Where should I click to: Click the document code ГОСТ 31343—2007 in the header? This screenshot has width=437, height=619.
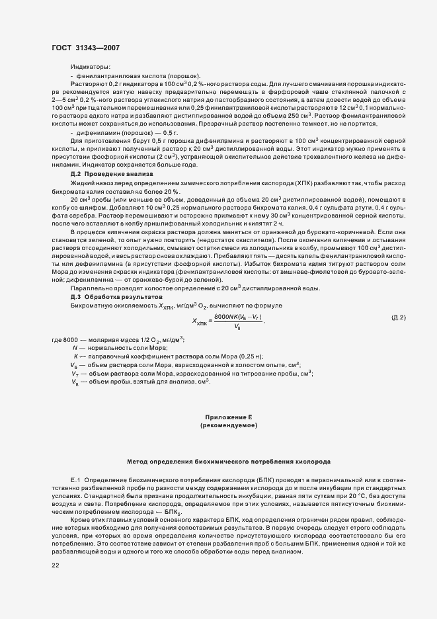point(85,48)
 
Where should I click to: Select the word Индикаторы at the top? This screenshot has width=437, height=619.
point(91,67)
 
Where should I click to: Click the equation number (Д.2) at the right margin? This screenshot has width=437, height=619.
point(398,317)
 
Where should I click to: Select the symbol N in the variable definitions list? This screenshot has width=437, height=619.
point(75,347)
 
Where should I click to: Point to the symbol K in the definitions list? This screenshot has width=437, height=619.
point(75,356)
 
